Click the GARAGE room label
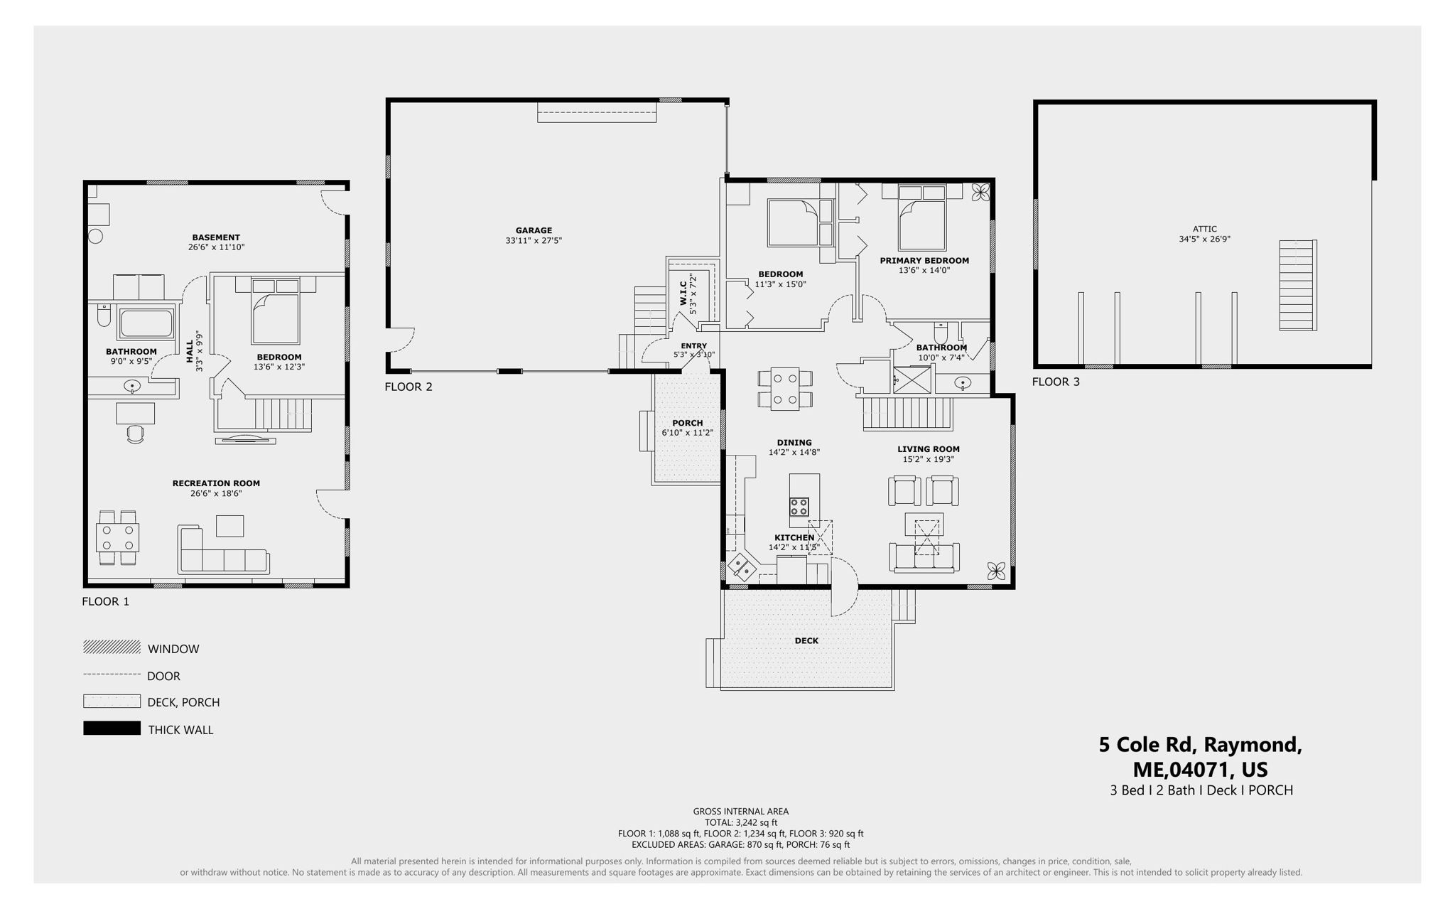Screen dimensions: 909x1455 point(534,230)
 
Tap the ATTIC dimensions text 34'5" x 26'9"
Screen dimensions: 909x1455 point(1204,240)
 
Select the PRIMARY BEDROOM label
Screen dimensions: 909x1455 point(924,261)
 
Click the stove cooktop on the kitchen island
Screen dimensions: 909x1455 point(799,507)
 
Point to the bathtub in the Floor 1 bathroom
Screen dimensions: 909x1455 point(146,323)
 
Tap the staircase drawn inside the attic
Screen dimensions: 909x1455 point(1297,285)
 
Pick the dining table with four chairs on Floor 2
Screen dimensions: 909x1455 point(785,388)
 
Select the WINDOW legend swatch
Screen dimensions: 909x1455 point(112,647)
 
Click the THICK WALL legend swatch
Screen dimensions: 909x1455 point(112,728)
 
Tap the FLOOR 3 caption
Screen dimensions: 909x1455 point(1055,382)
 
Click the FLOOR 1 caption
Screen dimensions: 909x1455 point(105,601)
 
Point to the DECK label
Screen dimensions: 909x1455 point(806,640)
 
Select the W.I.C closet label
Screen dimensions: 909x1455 point(682,292)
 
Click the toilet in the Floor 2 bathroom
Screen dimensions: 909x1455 point(941,332)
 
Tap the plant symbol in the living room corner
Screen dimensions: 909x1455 point(997,569)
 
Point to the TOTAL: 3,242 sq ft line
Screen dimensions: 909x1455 point(740,822)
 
